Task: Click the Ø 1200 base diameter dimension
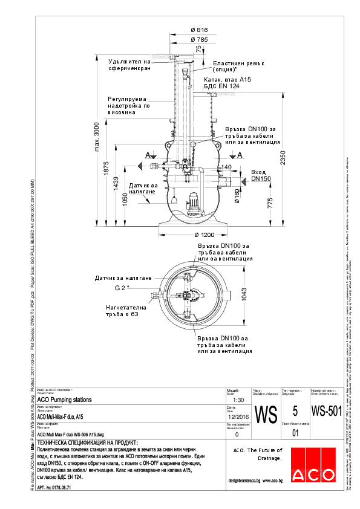click(195, 234)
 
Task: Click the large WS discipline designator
click(266, 415)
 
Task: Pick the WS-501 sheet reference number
click(326, 411)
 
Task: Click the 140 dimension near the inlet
click(226, 166)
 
